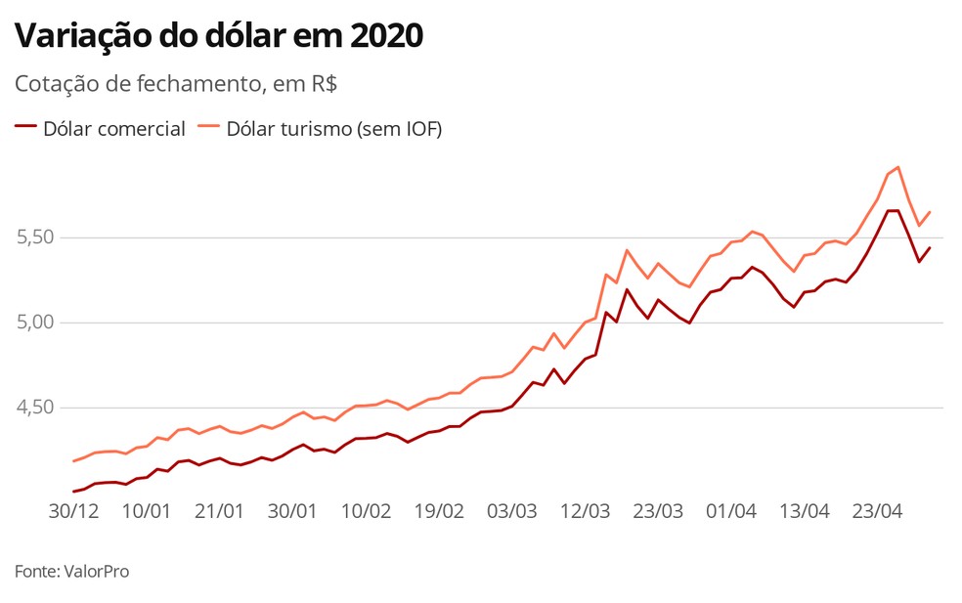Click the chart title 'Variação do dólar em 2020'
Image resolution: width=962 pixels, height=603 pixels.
(219, 36)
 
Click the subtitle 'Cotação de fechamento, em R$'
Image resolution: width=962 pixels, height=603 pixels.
(176, 84)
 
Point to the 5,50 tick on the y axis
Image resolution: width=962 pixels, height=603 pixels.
(35, 237)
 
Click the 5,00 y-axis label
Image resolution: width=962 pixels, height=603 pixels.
(35, 323)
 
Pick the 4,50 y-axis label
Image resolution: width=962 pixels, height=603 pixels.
(35, 408)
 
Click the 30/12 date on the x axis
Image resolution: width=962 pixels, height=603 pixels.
(73, 511)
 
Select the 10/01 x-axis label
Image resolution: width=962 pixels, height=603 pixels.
(147, 511)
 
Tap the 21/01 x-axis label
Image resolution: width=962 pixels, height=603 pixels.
(219, 511)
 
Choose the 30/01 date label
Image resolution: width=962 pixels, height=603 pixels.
(292, 511)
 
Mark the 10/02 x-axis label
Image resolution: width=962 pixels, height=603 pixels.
(366, 511)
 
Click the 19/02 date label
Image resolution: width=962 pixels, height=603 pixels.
(439, 511)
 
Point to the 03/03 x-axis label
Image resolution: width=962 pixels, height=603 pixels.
(512, 511)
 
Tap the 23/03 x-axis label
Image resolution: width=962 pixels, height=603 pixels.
(658, 511)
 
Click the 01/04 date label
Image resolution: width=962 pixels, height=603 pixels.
(731, 511)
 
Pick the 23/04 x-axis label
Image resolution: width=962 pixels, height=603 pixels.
(877, 511)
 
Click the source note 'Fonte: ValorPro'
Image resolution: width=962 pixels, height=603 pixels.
(71, 571)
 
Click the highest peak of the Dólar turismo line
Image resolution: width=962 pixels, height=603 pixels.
(897, 167)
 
